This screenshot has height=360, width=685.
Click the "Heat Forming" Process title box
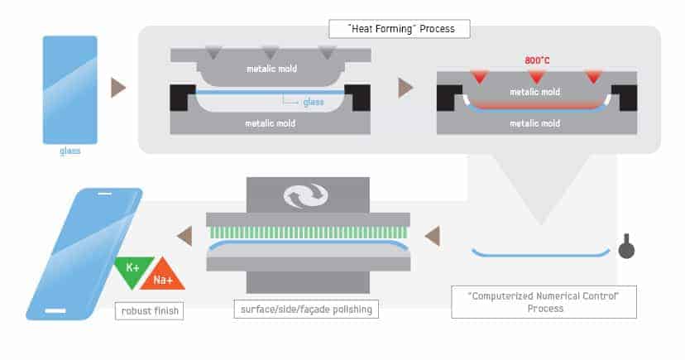(400, 29)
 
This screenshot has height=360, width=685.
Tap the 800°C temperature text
(537, 60)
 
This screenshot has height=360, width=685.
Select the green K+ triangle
(133, 271)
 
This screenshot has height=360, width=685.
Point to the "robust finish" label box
(150, 311)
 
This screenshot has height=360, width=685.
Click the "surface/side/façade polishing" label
(306, 310)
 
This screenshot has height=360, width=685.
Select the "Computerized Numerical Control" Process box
(544, 302)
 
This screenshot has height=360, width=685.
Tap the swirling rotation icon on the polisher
(306, 195)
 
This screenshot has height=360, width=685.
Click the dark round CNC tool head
(626, 247)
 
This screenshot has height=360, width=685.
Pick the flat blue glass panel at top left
(69, 90)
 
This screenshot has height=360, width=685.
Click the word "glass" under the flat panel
(69, 151)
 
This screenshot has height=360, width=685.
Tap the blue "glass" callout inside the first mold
(314, 103)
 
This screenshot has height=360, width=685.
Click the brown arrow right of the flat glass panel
(118, 88)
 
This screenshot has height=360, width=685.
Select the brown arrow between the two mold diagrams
(405, 88)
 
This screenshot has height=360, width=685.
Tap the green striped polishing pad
(308, 233)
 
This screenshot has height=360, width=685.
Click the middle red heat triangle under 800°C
(536, 78)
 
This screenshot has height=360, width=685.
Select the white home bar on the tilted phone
(55, 311)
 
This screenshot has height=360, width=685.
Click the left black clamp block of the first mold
(181, 98)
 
